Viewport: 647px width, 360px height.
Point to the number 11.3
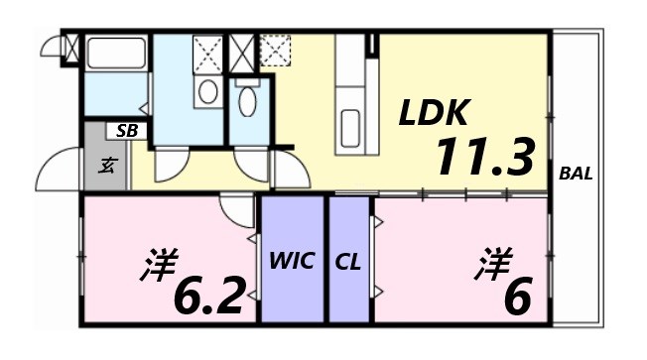[483, 157]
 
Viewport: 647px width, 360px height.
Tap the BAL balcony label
[576, 174]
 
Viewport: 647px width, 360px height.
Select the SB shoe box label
[126, 130]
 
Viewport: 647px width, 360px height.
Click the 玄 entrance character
[105, 167]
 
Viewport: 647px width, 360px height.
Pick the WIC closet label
[292, 262]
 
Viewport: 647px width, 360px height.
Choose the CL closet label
[347, 262]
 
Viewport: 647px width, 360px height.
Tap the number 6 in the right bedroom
[516, 295]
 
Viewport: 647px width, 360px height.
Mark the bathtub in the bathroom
[116, 54]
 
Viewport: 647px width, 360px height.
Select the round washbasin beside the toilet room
[208, 91]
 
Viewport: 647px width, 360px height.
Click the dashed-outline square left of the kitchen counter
[275, 50]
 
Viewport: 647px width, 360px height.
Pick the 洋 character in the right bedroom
[492, 263]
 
